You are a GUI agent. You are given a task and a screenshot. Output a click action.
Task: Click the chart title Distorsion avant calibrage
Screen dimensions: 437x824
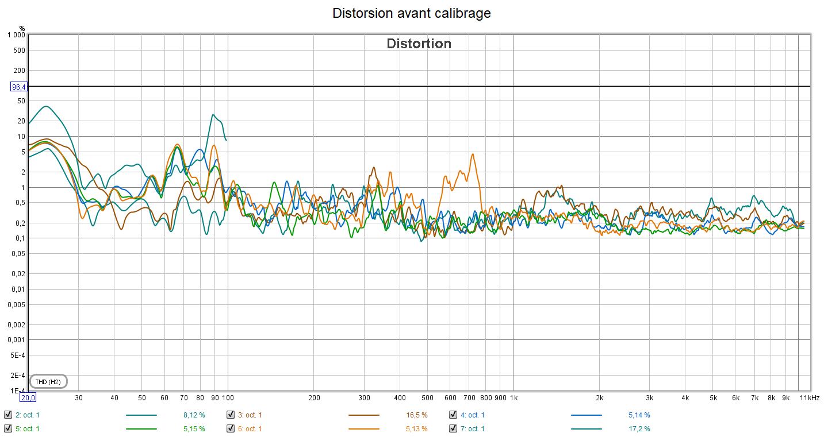412,13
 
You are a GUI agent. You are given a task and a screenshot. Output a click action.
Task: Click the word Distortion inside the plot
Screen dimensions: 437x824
419,44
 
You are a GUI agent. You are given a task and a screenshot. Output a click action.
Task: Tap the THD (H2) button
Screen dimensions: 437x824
48,382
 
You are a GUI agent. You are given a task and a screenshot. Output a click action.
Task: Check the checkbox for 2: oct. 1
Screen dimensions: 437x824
8,415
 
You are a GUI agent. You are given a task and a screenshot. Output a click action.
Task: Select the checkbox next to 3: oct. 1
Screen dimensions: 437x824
231,415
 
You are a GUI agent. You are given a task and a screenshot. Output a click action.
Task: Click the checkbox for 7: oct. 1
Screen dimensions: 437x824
453,428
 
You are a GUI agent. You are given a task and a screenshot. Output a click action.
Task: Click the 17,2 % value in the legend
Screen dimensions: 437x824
639,429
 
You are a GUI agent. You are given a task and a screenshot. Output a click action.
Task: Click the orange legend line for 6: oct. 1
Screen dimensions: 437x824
363,428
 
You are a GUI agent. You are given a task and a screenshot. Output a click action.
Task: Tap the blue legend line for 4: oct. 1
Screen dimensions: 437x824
586,415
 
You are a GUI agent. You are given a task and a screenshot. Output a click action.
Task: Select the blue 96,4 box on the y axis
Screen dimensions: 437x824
19,87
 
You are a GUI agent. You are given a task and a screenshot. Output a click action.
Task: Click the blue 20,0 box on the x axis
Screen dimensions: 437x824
28,397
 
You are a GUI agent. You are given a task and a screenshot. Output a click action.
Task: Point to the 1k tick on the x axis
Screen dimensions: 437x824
514,397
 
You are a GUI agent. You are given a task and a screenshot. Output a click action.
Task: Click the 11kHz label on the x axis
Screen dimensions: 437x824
810,397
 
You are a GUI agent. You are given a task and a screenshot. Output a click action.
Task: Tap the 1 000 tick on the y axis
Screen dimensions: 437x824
16,35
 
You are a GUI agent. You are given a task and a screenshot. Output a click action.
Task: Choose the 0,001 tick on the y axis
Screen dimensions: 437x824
16,340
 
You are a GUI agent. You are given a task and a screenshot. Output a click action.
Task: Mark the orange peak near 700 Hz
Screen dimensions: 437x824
473,154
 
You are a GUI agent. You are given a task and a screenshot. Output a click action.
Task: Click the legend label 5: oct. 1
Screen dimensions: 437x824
27,429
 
